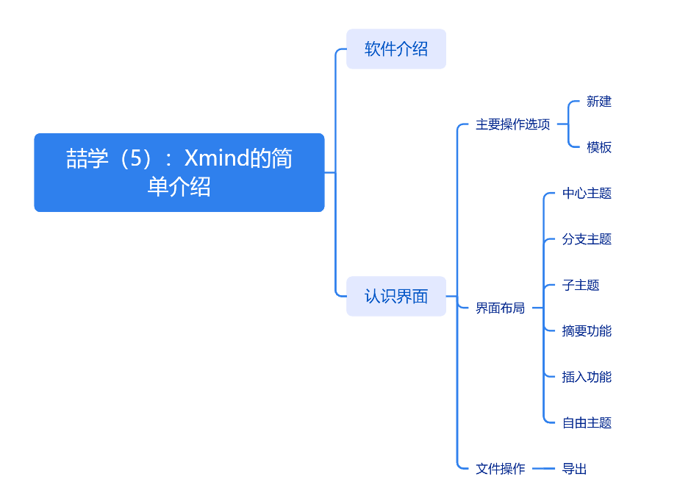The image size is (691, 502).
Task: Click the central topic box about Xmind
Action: tap(179, 172)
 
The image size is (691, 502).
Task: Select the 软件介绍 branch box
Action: tap(396, 49)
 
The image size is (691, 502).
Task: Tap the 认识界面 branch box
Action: tap(396, 296)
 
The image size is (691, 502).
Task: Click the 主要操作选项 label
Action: tap(512, 124)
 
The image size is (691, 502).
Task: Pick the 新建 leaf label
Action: tap(599, 102)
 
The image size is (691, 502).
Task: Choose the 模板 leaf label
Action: tap(599, 147)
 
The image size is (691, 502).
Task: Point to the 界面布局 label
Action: tap(500, 308)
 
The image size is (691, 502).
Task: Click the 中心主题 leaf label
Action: tap(587, 194)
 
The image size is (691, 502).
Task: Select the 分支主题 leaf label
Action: tap(587, 239)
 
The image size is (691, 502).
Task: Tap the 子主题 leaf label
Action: tap(581, 285)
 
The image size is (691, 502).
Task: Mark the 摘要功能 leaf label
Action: tap(587, 331)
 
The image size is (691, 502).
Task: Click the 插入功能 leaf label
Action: tap(587, 377)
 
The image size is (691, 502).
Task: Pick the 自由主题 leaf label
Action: tap(587, 423)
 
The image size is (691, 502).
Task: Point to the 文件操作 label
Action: tap(500, 468)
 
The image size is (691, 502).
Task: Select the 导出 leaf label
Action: tap(574, 468)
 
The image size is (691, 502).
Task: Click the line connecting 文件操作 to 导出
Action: tap(543, 468)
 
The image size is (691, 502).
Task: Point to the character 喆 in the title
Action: tap(76, 159)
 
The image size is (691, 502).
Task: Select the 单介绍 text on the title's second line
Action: tap(179, 187)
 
